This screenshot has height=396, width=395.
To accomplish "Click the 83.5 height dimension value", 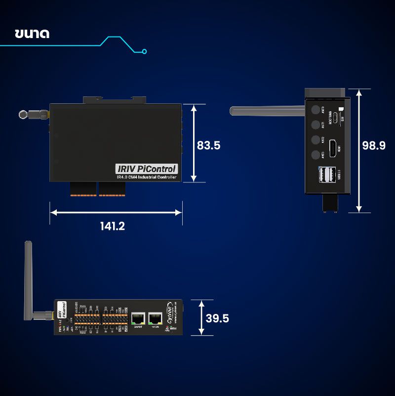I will (208, 145).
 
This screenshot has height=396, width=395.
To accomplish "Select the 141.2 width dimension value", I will (113, 226).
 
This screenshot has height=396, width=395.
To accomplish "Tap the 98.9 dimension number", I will (374, 145).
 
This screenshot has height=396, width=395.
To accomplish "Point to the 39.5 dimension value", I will (217, 318).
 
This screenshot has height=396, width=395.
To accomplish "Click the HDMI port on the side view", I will (334, 147).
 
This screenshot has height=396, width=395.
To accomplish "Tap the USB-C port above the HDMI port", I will (335, 118).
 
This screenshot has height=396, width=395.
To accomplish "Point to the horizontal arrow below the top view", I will (116, 213).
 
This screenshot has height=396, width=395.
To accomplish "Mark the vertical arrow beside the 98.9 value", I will (359, 151).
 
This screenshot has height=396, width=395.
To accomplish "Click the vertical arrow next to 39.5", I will (201, 318).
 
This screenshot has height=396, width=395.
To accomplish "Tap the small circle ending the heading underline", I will (144, 50).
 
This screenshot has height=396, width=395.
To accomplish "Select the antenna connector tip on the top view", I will (23, 114).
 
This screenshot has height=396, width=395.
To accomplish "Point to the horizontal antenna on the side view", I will (267, 110).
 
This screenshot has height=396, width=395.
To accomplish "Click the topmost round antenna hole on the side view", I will (315, 109).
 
